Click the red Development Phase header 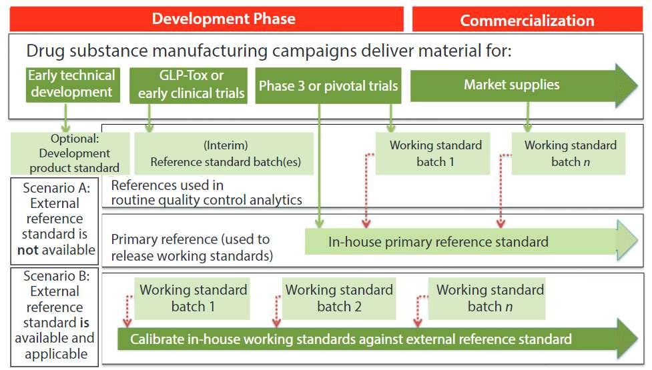click(x=223, y=18)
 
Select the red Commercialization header click(x=527, y=20)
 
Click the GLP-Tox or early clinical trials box click(x=191, y=85)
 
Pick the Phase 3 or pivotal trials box click(x=328, y=85)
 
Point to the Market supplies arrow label click(x=511, y=85)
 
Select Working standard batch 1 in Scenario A click(x=435, y=153)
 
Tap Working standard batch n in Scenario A click(x=570, y=153)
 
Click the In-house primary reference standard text click(x=438, y=241)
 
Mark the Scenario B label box click(x=54, y=315)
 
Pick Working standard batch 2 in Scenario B click(x=339, y=298)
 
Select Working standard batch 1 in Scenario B click(x=193, y=298)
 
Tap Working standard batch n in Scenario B click(x=489, y=298)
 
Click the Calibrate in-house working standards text click(x=350, y=339)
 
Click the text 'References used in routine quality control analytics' click(x=206, y=192)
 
